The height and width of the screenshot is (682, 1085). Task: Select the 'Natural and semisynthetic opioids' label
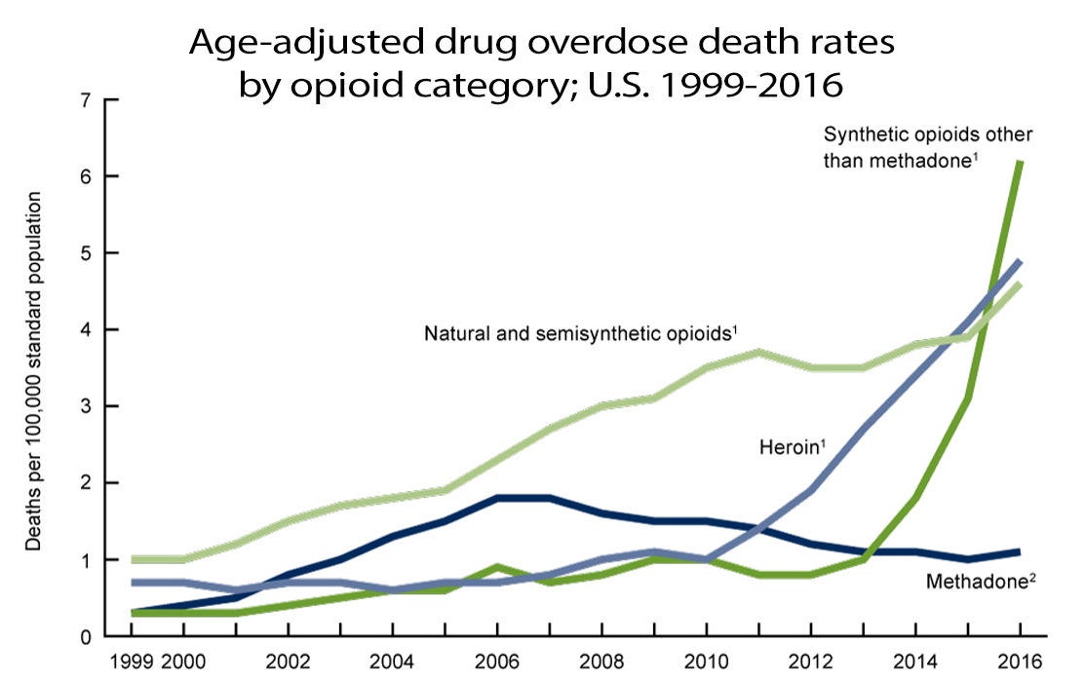tap(580, 333)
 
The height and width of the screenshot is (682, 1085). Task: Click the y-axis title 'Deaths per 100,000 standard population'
tap(34, 371)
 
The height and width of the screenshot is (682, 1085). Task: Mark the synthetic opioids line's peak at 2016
tap(1020, 162)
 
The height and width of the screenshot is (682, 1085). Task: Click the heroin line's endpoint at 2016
tap(1020, 262)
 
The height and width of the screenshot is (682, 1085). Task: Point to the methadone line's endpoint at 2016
tap(1020, 552)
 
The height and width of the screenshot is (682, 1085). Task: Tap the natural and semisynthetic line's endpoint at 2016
tap(1020, 284)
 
